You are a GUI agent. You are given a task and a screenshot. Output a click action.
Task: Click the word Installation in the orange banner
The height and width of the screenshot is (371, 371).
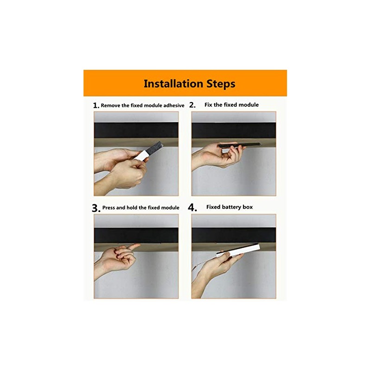pos(173,84)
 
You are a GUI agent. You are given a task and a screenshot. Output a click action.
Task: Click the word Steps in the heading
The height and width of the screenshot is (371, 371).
pos(221,84)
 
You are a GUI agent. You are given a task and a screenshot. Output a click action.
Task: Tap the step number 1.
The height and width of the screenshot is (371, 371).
pos(96,105)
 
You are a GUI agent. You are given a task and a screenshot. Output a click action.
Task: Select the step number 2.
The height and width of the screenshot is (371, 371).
pos(192,105)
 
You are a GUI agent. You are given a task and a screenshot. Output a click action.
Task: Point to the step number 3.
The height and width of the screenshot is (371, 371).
pos(96,208)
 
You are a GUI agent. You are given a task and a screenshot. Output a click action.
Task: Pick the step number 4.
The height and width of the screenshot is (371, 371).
pos(192,207)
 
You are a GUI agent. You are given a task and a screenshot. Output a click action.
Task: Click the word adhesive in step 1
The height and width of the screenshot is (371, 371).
pos(173,106)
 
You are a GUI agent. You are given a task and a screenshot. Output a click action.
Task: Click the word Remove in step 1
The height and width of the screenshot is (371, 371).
pos(110,106)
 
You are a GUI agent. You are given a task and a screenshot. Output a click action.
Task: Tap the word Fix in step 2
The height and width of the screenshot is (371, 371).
pos(208,105)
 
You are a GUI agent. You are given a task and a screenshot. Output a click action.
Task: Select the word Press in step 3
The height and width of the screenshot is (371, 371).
pos(109,207)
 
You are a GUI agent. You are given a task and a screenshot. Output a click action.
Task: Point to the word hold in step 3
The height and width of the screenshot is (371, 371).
pos(132,207)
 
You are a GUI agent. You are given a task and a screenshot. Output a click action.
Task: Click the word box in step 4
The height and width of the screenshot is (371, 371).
pos(248,207)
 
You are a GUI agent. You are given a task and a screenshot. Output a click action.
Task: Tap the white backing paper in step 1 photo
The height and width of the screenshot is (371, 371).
pos(141,156)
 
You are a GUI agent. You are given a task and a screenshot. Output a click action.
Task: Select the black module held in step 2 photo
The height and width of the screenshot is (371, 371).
pos(239,145)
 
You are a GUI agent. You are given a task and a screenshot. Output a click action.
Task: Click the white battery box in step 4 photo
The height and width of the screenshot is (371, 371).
pos(238,250)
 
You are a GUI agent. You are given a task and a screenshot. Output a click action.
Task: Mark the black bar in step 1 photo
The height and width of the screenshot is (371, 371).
pos(136,130)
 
